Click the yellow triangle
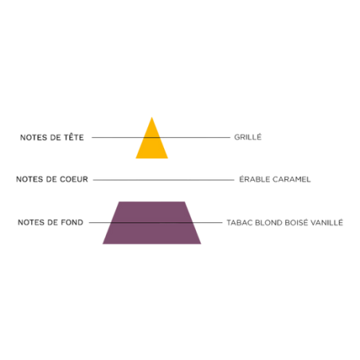(x=152, y=143)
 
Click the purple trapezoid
(x=152, y=222)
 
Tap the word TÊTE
(x=74, y=137)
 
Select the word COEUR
(x=74, y=179)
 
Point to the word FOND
(x=72, y=222)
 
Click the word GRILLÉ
(x=248, y=137)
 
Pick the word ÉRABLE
(x=254, y=179)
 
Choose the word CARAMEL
(x=292, y=179)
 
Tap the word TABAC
(x=240, y=222)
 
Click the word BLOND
(x=268, y=222)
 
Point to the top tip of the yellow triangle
(x=152, y=117)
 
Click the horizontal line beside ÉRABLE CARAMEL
(x=163, y=180)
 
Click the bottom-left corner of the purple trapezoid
(x=103, y=244)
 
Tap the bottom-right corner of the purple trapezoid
(x=201, y=244)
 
